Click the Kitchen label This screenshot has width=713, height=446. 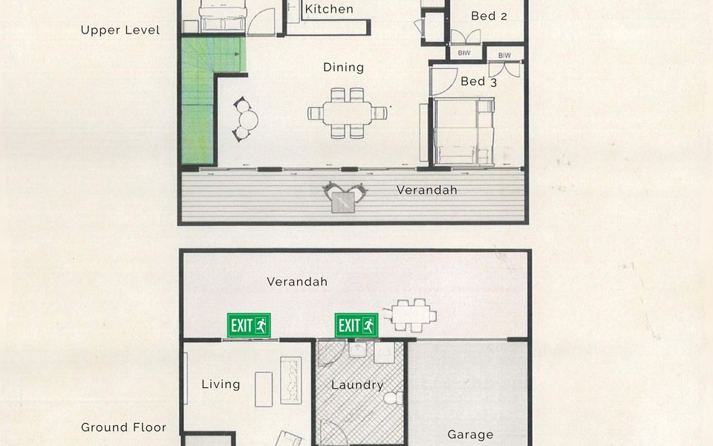329,9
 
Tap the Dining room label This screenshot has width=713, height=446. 343,68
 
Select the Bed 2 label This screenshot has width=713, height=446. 489,16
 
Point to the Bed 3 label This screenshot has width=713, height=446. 478,82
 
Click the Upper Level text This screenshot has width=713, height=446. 120,30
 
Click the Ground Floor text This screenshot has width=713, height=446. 124,427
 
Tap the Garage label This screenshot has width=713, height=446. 470,435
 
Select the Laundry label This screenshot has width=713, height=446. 357,386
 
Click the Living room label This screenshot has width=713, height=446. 221,384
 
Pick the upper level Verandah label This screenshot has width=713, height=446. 426,190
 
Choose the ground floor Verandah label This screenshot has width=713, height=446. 297,282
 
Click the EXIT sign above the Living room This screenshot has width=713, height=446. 249,326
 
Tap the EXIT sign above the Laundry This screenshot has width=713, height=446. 356,326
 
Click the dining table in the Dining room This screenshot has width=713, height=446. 348,113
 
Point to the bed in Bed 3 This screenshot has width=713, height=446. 463,132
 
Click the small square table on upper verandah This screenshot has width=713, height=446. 343,202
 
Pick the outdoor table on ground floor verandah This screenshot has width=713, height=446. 410,315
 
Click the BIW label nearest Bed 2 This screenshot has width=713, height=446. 464,54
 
